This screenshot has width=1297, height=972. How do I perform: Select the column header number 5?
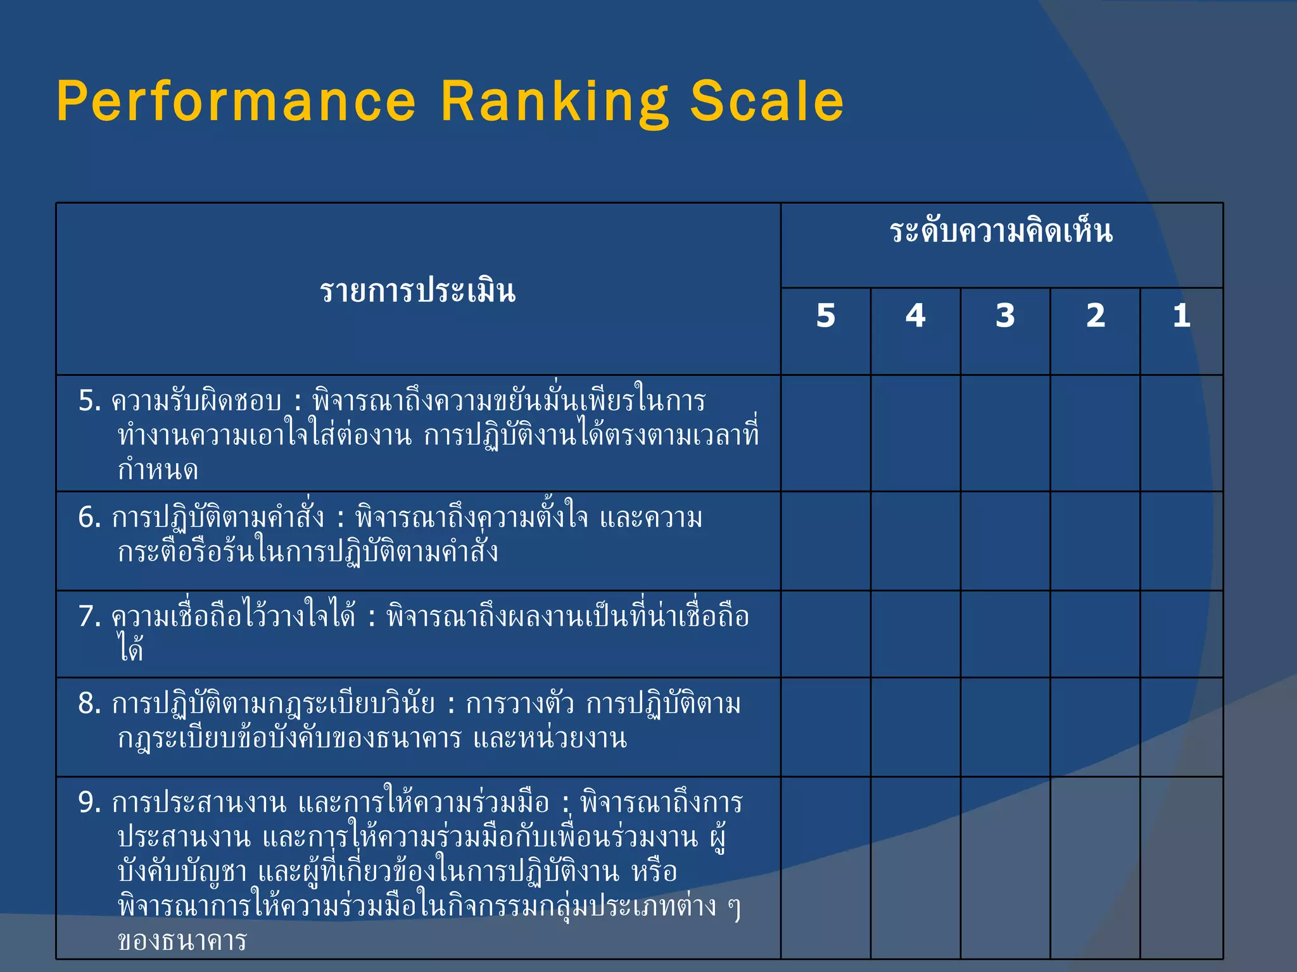(826, 315)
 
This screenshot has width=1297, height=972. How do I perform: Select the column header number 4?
(916, 315)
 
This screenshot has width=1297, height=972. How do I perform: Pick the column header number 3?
(1005, 315)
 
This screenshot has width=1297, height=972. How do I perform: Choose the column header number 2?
(1096, 315)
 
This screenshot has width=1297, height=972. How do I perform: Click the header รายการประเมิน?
(418, 291)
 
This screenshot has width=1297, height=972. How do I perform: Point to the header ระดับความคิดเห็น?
(1001, 231)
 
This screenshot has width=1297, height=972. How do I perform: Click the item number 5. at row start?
(89, 401)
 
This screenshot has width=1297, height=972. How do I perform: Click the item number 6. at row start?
(89, 518)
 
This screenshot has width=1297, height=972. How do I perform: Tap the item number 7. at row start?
(89, 616)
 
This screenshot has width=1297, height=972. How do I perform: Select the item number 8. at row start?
(89, 704)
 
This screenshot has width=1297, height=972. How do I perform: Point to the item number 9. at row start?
(89, 803)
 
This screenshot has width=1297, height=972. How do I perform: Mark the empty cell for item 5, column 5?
(826, 433)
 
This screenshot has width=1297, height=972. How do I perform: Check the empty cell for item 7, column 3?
(1005, 634)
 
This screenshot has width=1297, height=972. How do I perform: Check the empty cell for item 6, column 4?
(916, 541)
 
